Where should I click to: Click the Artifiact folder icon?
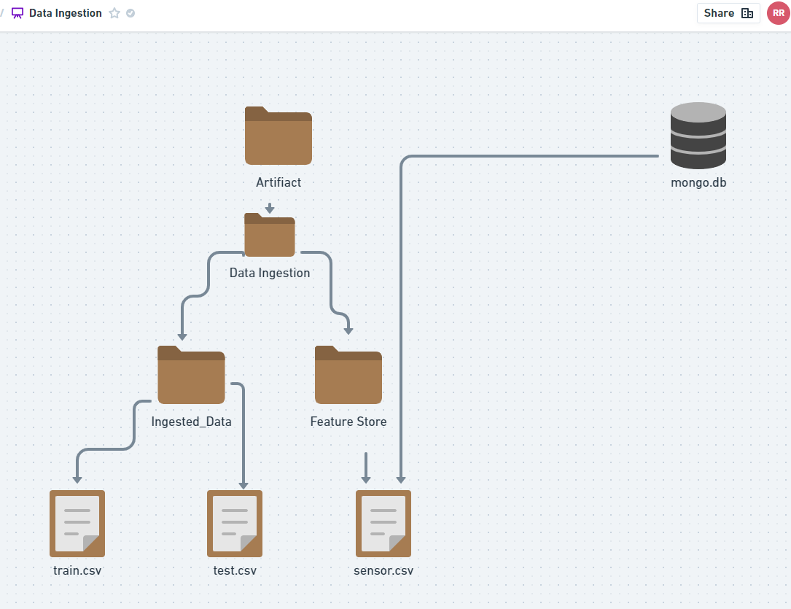[278, 136]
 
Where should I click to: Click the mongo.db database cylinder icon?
[698, 136]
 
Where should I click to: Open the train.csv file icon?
[77, 523]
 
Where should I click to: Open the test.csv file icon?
[235, 523]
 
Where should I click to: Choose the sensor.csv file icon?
[383, 523]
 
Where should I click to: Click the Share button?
[728, 13]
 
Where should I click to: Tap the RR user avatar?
[778, 13]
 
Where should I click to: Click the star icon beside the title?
[114, 13]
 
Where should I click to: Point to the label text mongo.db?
[698, 183]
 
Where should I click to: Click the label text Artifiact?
[278, 182]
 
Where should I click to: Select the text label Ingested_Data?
[191, 422]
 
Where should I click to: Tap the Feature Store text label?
[348, 422]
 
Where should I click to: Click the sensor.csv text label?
[383, 570]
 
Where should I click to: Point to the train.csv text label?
[77, 570]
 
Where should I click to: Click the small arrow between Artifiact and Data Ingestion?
[270, 209]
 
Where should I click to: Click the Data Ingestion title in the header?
[66, 13]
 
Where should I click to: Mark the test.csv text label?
[235, 570]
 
